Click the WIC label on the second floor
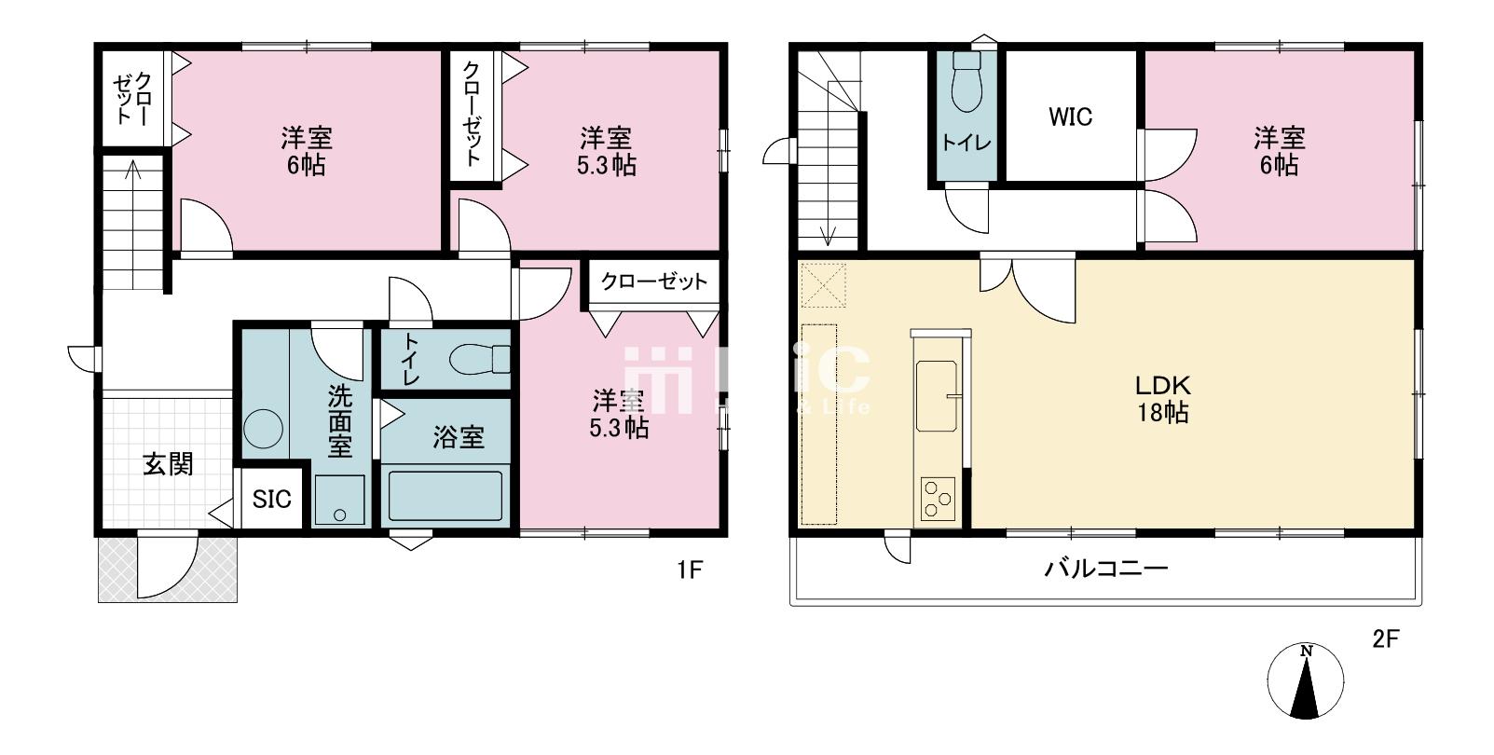click(1071, 117)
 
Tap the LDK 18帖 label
click(1163, 400)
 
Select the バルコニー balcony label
click(1106, 569)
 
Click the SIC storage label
click(272, 499)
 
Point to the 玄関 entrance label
click(168, 464)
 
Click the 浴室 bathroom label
click(459, 437)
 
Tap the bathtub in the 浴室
click(445, 496)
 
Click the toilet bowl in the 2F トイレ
click(967, 83)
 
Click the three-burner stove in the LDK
click(938, 499)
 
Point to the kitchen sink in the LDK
click(937, 396)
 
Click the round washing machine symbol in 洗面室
click(264, 428)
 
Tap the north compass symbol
click(1305, 681)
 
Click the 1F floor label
click(690, 571)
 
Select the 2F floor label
click(1385, 639)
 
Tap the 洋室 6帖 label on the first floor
click(306, 151)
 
